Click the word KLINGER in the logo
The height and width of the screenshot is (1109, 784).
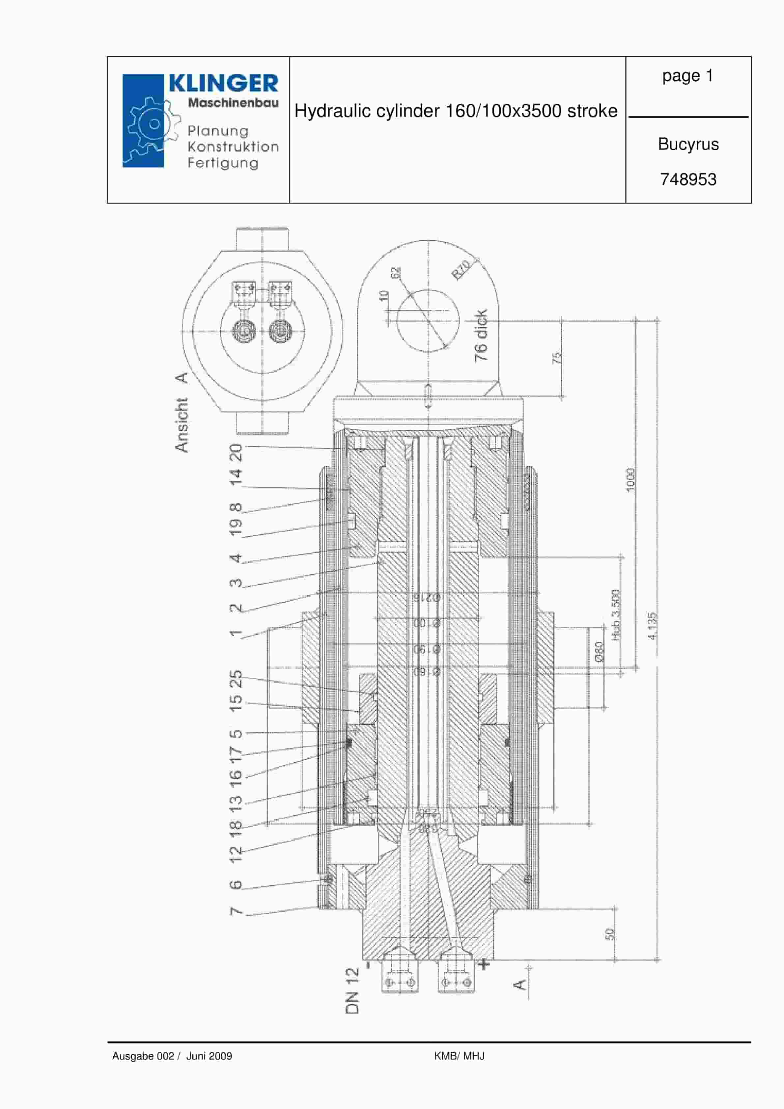223,84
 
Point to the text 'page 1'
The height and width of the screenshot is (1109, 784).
687,76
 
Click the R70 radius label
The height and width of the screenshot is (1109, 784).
461,270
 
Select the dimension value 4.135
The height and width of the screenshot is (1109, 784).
652,626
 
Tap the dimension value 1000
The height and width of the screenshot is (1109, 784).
630,480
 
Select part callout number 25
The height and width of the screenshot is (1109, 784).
236,678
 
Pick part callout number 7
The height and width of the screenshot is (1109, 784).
236,911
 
